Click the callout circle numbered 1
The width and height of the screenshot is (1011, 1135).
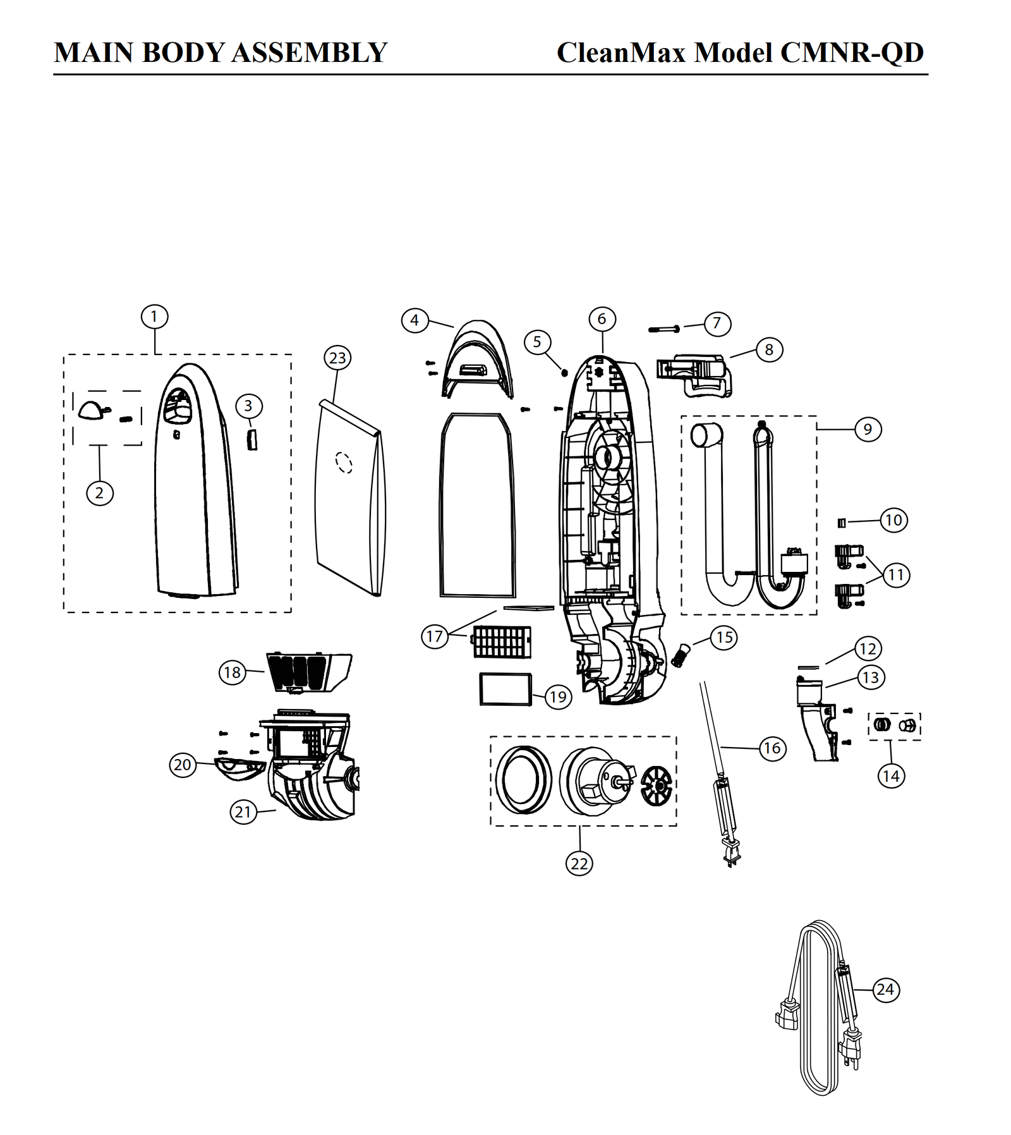(154, 317)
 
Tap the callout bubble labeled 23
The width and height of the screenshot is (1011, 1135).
(337, 358)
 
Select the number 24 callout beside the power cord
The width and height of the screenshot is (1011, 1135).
(885, 990)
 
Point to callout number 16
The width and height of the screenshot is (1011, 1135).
(772, 749)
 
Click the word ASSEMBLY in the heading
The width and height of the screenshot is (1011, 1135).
(309, 52)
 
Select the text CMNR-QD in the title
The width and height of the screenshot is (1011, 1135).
(852, 52)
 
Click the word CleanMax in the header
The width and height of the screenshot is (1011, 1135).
(621, 52)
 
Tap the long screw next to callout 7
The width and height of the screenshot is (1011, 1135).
(663, 329)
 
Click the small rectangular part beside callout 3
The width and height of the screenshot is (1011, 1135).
(252, 438)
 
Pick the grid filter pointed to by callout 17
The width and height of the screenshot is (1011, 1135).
(502, 642)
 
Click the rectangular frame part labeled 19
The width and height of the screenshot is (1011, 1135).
(505, 689)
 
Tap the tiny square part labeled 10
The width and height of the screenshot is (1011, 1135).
(842, 523)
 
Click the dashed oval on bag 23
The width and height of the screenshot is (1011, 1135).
(344, 463)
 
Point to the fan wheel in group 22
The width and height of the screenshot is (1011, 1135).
(658, 787)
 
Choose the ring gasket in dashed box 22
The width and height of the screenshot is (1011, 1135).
(524, 779)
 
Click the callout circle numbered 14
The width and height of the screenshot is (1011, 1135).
(891, 776)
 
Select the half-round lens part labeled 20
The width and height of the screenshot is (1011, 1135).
(239, 768)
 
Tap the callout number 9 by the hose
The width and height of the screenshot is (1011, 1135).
(868, 430)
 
